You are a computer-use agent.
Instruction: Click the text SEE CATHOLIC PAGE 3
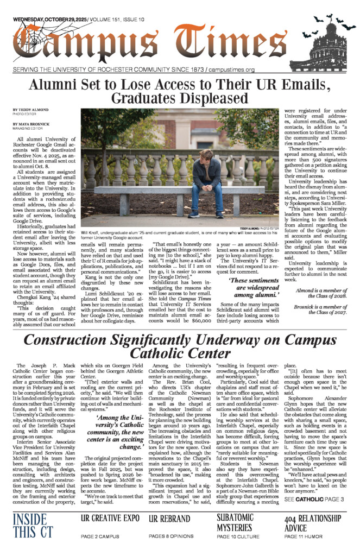click(x=314, y=499)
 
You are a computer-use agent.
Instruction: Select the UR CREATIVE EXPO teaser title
click(x=110, y=519)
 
